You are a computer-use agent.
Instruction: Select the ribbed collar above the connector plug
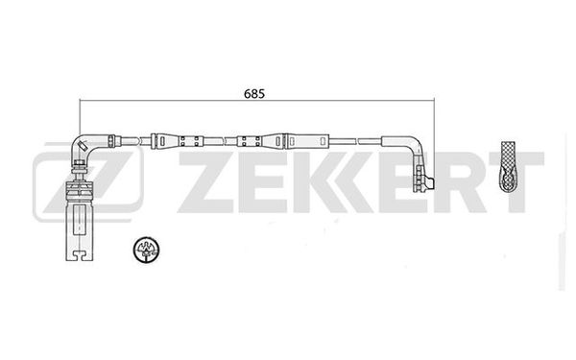tap(78, 177)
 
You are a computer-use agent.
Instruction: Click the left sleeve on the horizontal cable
tap(175, 141)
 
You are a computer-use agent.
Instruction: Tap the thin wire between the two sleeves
tap(219, 141)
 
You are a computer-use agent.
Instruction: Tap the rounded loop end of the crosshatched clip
tap(509, 181)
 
